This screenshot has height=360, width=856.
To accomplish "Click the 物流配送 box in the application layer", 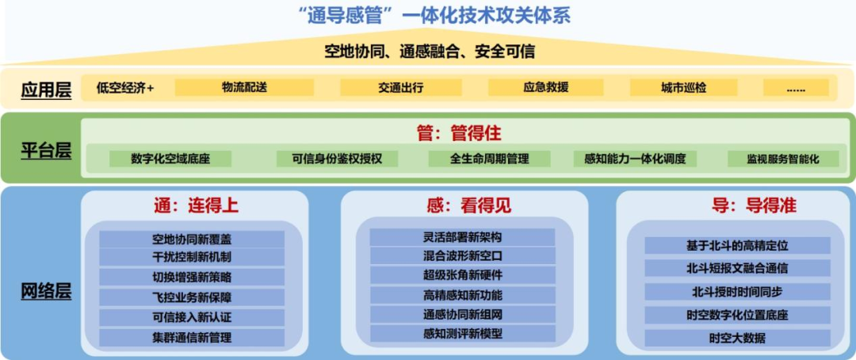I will [244, 88].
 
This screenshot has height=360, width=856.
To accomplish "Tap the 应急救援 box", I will [545, 88].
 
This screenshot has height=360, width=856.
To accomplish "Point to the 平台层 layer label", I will [46, 151].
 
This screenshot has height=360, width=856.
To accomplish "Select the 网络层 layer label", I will [46, 291].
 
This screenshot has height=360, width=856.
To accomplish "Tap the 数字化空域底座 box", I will [170, 159].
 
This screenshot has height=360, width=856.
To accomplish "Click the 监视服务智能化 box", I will [782, 159].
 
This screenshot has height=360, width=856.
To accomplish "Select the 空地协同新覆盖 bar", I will [192, 239].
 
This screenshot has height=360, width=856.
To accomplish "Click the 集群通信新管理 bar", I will [192, 338].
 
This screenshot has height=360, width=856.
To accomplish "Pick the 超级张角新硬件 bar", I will [463, 275].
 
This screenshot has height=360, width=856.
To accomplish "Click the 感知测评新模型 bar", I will [463, 334].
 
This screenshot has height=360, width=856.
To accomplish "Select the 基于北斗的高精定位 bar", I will [737, 246].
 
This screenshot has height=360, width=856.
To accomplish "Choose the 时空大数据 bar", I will [737, 339].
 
